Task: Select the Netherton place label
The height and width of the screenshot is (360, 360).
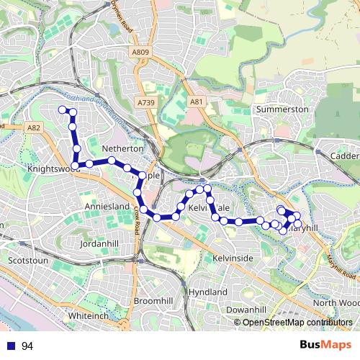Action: tap(124, 148)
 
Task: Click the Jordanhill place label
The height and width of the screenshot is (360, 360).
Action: tap(100, 244)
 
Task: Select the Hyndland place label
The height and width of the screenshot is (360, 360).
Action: tap(207, 292)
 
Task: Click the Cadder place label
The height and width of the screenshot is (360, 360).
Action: tap(345, 156)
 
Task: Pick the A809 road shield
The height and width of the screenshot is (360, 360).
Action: tap(141, 52)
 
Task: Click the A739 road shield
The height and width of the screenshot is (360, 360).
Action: tap(146, 104)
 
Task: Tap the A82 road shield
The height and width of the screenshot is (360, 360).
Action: tap(32, 127)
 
